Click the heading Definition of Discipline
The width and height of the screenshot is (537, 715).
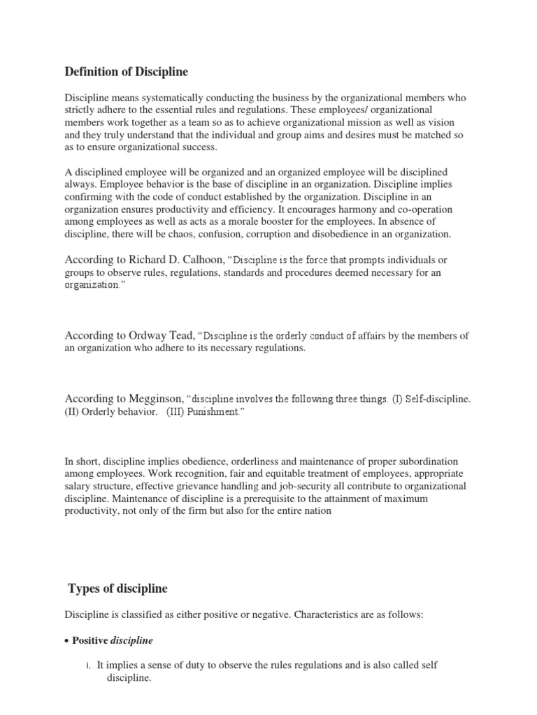pyautogui.click(x=127, y=72)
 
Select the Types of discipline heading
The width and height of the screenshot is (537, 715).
pyautogui.click(x=117, y=589)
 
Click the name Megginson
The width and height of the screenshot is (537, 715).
pyautogui.click(x=156, y=399)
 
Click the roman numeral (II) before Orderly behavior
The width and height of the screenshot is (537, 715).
pyautogui.click(x=73, y=412)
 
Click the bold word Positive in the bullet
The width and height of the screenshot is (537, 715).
pyautogui.click(x=92, y=640)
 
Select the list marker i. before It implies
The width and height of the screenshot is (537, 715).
pyautogui.click(x=89, y=665)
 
